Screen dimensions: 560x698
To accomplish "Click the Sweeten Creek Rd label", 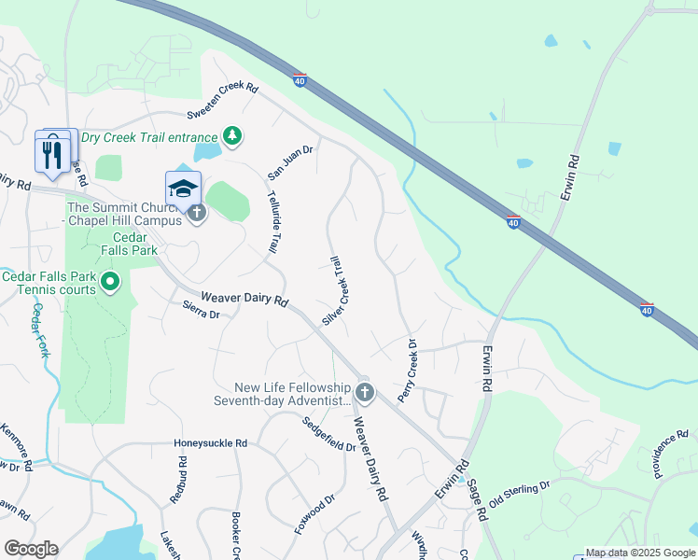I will [x=222, y=100].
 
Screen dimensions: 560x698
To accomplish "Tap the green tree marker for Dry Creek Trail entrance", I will [x=231, y=137].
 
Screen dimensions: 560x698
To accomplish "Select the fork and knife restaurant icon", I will [x=50, y=152].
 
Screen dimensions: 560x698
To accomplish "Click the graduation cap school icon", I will [x=184, y=187].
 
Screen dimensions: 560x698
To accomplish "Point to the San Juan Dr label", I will [x=290, y=161].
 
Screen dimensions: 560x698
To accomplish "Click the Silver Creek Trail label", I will [x=335, y=291].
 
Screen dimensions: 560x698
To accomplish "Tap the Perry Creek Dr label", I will [x=408, y=371].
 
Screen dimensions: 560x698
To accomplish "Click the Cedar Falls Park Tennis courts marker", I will [x=110, y=280].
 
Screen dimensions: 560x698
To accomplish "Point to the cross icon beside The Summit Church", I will [x=196, y=214].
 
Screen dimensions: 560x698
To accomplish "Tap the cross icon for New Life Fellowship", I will [x=365, y=393].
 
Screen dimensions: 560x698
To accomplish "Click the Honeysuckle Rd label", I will [x=210, y=443].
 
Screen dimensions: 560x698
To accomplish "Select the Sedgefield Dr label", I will [x=328, y=434].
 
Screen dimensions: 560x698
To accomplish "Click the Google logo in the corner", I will [x=31, y=549].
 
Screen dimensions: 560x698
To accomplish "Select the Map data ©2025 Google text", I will [x=640, y=553].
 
